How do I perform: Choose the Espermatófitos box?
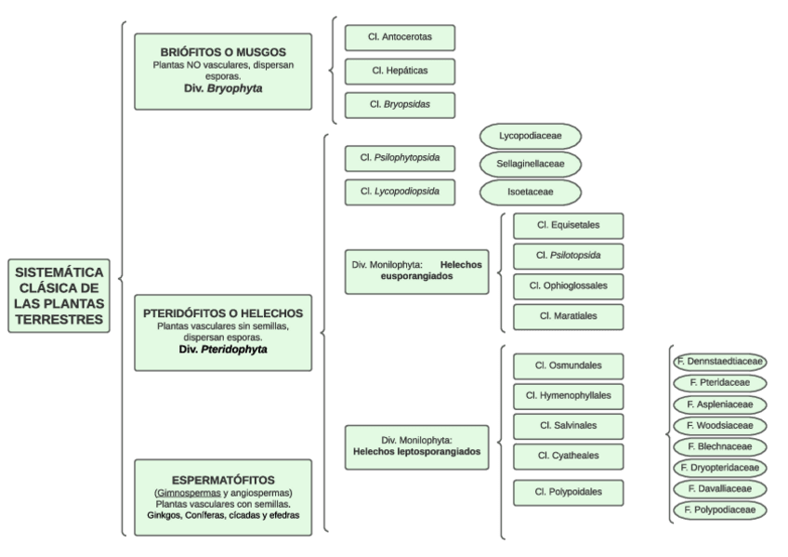tap(222, 497)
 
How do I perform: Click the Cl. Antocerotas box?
tap(401, 37)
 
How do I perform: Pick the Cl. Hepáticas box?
tap(401, 72)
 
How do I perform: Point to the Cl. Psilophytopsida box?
tap(401, 159)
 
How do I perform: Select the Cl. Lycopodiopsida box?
tap(401, 192)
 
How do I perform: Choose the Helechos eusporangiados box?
tap(416, 272)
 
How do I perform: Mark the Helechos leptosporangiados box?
tap(416, 445)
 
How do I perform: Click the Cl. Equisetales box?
tap(568, 225)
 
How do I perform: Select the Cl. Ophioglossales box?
tap(568, 285)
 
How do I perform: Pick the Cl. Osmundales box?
tap(568, 365)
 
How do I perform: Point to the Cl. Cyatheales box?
tap(568, 456)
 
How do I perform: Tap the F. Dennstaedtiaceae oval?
tap(719, 360)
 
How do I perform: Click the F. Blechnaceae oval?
tap(719, 446)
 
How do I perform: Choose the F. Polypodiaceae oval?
tap(719, 510)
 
